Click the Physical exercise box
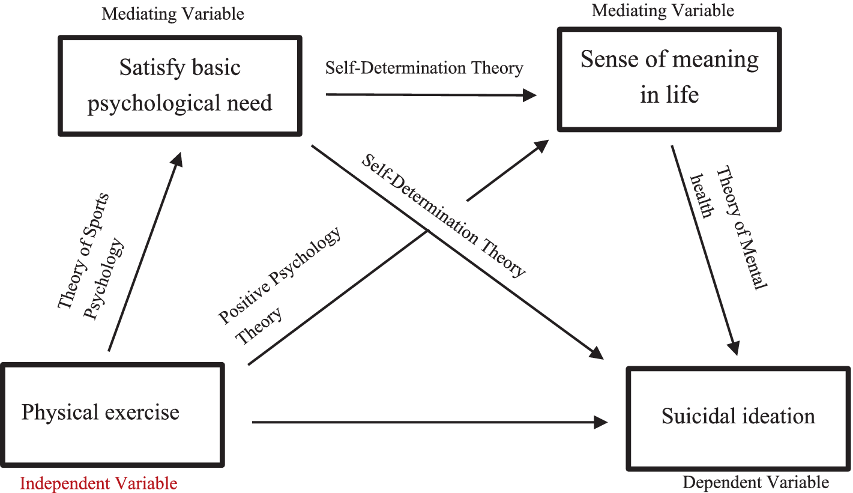point(112,415)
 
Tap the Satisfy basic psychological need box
point(179,86)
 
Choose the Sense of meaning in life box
point(669,79)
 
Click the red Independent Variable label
point(98,483)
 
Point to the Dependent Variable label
point(756,482)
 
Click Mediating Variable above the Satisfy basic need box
point(173,14)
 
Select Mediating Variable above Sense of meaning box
point(663,10)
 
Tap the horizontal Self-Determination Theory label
point(424,68)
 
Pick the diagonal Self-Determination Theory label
point(443,214)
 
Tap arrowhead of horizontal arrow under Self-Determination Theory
point(529,95)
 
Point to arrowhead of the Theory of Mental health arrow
point(734,348)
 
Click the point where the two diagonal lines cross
point(427,230)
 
